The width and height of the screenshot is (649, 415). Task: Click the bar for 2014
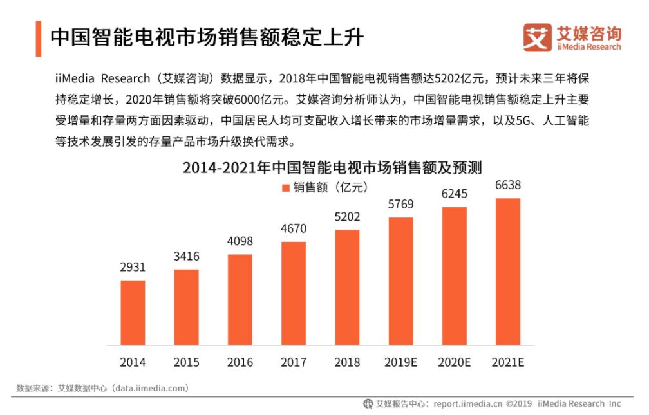click(x=133, y=312)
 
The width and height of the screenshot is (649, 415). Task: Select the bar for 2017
click(x=294, y=293)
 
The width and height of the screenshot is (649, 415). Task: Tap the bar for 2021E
click(x=507, y=271)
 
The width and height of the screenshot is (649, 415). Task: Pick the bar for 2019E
click(x=400, y=281)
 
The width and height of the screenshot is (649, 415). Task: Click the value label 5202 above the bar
click(x=347, y=216)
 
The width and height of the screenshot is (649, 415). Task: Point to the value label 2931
click(x=133, y=266)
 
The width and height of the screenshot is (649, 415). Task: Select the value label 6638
click(x=507, y=185)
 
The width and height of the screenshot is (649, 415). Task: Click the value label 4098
click(x=240, y=241)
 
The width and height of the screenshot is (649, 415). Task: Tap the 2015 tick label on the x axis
click(x=186, y=362)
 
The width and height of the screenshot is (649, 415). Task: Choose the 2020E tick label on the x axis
click(x=454, y=362)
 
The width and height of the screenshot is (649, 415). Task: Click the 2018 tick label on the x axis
click(x=347, y=362)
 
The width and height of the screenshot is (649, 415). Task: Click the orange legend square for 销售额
click(x=286, y=187)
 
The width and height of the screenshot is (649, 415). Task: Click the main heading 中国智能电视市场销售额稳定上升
click(x=207, y=37)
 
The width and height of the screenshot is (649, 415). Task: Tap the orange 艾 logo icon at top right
click(x=537, y=38)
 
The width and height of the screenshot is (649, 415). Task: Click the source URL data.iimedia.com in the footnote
click(x=150, y=388)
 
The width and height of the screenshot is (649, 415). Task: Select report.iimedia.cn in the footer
click(x=467, y=404)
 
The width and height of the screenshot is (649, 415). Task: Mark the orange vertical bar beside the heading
click(x=38, y=37)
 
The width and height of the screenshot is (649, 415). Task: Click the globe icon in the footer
click(x=368, y=404)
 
